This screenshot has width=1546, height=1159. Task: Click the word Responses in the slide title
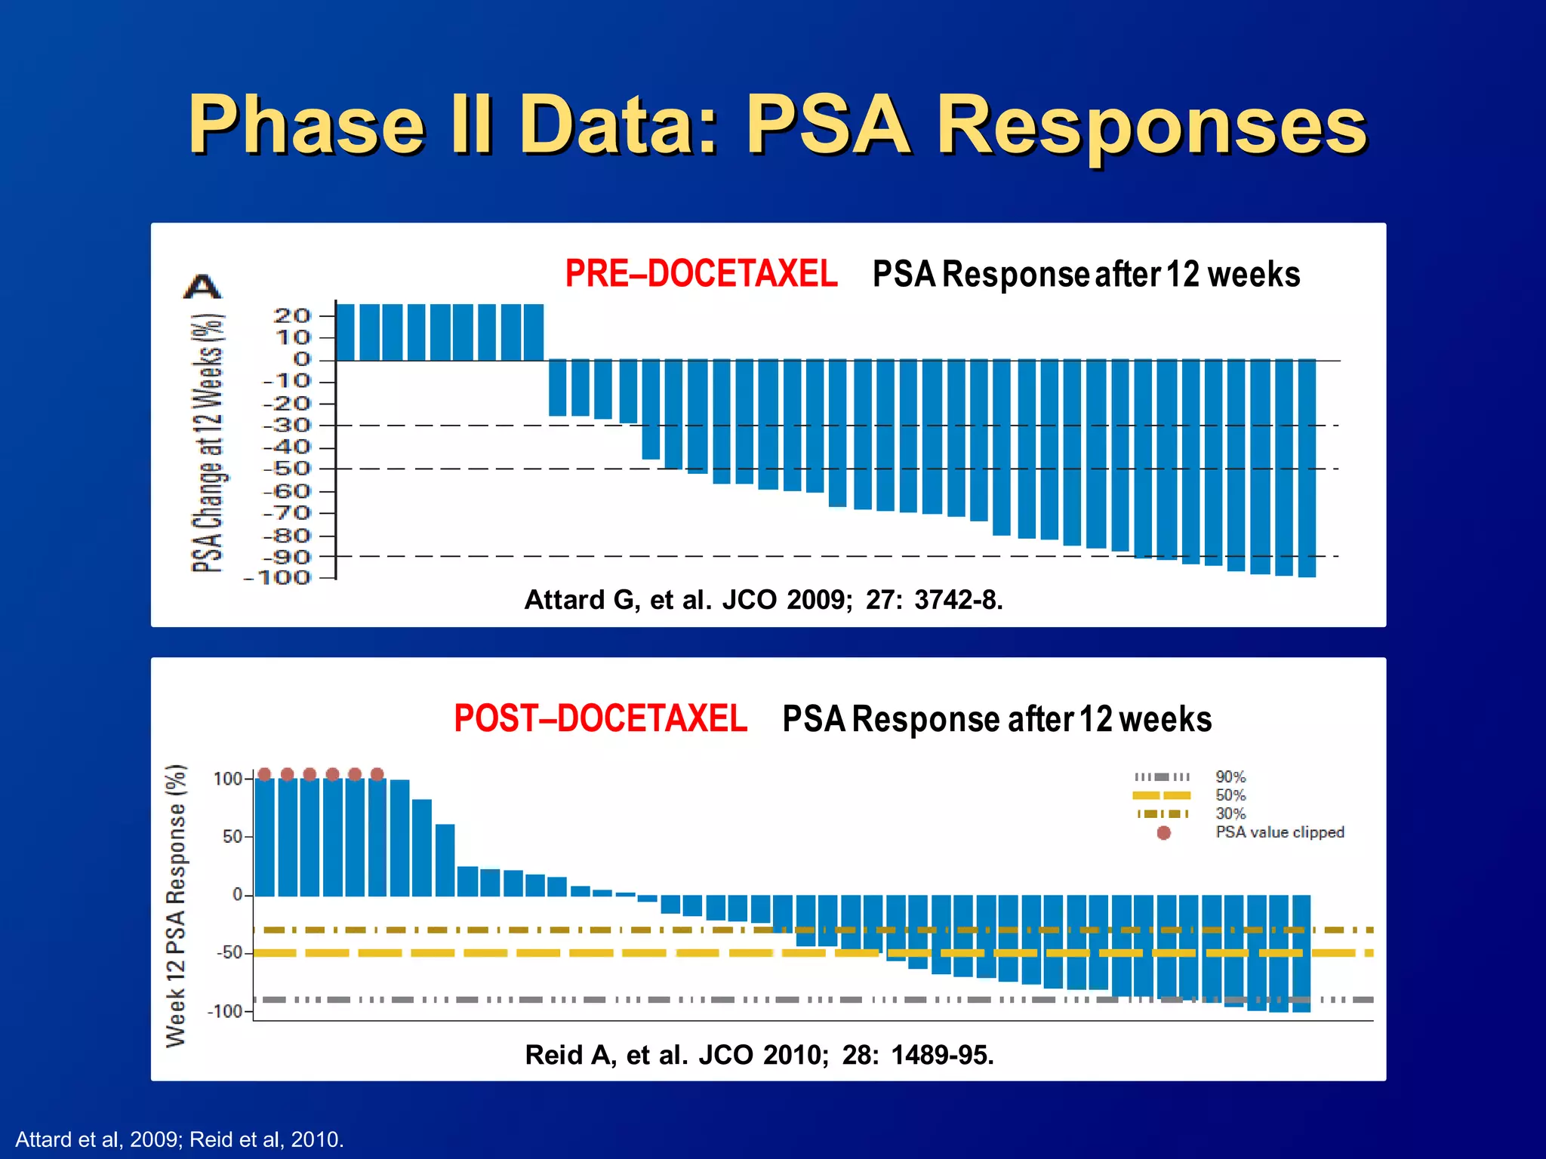click(1151, 125)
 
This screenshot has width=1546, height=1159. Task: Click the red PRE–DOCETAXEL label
click(701, 273)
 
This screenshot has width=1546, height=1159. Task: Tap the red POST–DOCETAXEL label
click(600, 718)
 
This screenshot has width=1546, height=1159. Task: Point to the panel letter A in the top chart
click(202, 287)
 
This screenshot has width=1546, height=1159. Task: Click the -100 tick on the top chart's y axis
click(277, 578)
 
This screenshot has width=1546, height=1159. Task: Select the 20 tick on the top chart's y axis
click(292, 315)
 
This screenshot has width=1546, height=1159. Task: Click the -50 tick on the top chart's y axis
click(287, 469)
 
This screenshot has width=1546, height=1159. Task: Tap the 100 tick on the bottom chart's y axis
click(227, 779)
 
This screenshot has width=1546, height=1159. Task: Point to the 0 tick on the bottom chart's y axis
click(237, 895)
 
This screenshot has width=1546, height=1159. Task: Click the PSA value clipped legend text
click(1280, 832)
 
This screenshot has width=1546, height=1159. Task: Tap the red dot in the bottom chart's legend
click(1163, 833)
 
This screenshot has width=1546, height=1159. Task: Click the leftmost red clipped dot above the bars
click(264, 774)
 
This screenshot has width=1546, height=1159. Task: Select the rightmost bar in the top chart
click(1307, 468)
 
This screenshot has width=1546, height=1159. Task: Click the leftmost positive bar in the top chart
click(345, 332)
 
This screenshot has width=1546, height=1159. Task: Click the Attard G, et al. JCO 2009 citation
click(763, 600)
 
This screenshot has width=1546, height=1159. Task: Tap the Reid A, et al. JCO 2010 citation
click(759, 1054)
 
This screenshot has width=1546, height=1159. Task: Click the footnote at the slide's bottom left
click(180, 1139)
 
